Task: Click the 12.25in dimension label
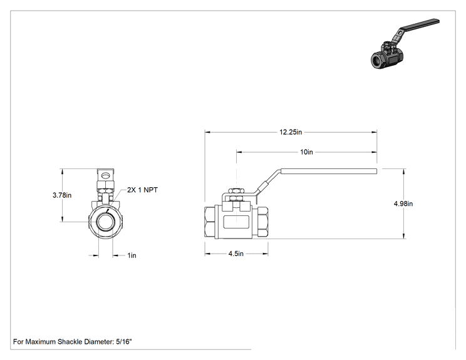(x=291, y=132)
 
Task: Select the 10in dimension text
(x=306, y=152)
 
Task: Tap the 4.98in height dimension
(x=403, y=203)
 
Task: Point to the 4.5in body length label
(x=236, y=254)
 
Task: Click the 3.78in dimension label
(x=62, y=195)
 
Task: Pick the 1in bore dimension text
(x=132, y=255)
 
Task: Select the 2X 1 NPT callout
(x=142, y=190)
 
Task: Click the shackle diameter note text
(x=72, y=342)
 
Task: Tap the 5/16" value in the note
(x=123, y=342)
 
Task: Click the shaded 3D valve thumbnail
(x=405, y=44)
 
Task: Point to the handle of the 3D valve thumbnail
(x=416, y=29)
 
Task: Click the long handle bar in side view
(x=328, y=171)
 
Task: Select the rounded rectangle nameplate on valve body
(x=236, y=222)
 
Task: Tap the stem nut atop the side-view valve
(x=236, y=191)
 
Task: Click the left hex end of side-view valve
(x=210, y=222)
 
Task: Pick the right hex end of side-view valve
(x=262, y=222)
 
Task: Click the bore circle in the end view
(x=105, y=222)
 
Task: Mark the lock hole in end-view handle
(x=105, y=175)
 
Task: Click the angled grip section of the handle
(x=263, y=187)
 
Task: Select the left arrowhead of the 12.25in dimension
(x=207, y=132)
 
